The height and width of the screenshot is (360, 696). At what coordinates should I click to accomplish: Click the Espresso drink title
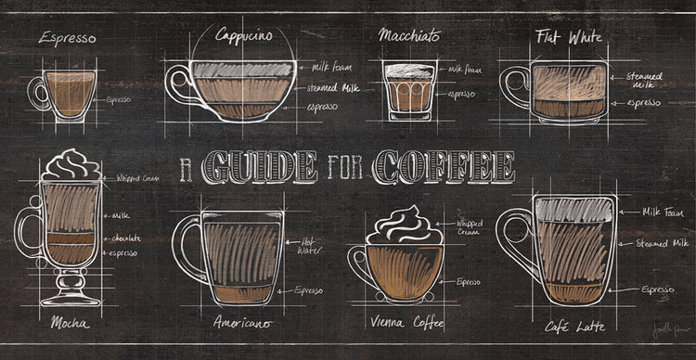click(x=67, y=39)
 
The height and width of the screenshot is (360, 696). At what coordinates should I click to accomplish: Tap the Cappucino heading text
click(x=244, y=35)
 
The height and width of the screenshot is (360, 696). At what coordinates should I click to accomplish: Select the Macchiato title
click(x=409, y=35)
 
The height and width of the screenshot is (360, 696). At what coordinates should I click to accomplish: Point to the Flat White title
click(x=569, y=37)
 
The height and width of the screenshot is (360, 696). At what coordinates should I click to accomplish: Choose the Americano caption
click(x=241, y=324)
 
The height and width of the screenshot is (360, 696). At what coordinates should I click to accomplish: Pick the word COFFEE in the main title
click(x=444, y=168)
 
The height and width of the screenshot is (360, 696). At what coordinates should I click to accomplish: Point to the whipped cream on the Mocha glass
click(x=71, y=166)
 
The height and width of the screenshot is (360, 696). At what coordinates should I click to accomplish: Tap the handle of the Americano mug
click(x=188, y=248)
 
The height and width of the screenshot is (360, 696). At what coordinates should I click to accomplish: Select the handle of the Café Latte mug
click(x=513, y=243)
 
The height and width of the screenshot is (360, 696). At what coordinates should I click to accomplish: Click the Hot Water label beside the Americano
click(x=309, y=246)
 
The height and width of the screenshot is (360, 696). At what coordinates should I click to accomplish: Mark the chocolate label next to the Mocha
click(x=126, y=238)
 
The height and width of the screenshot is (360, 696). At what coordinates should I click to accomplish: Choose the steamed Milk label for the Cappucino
click(x=334, y=89)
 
